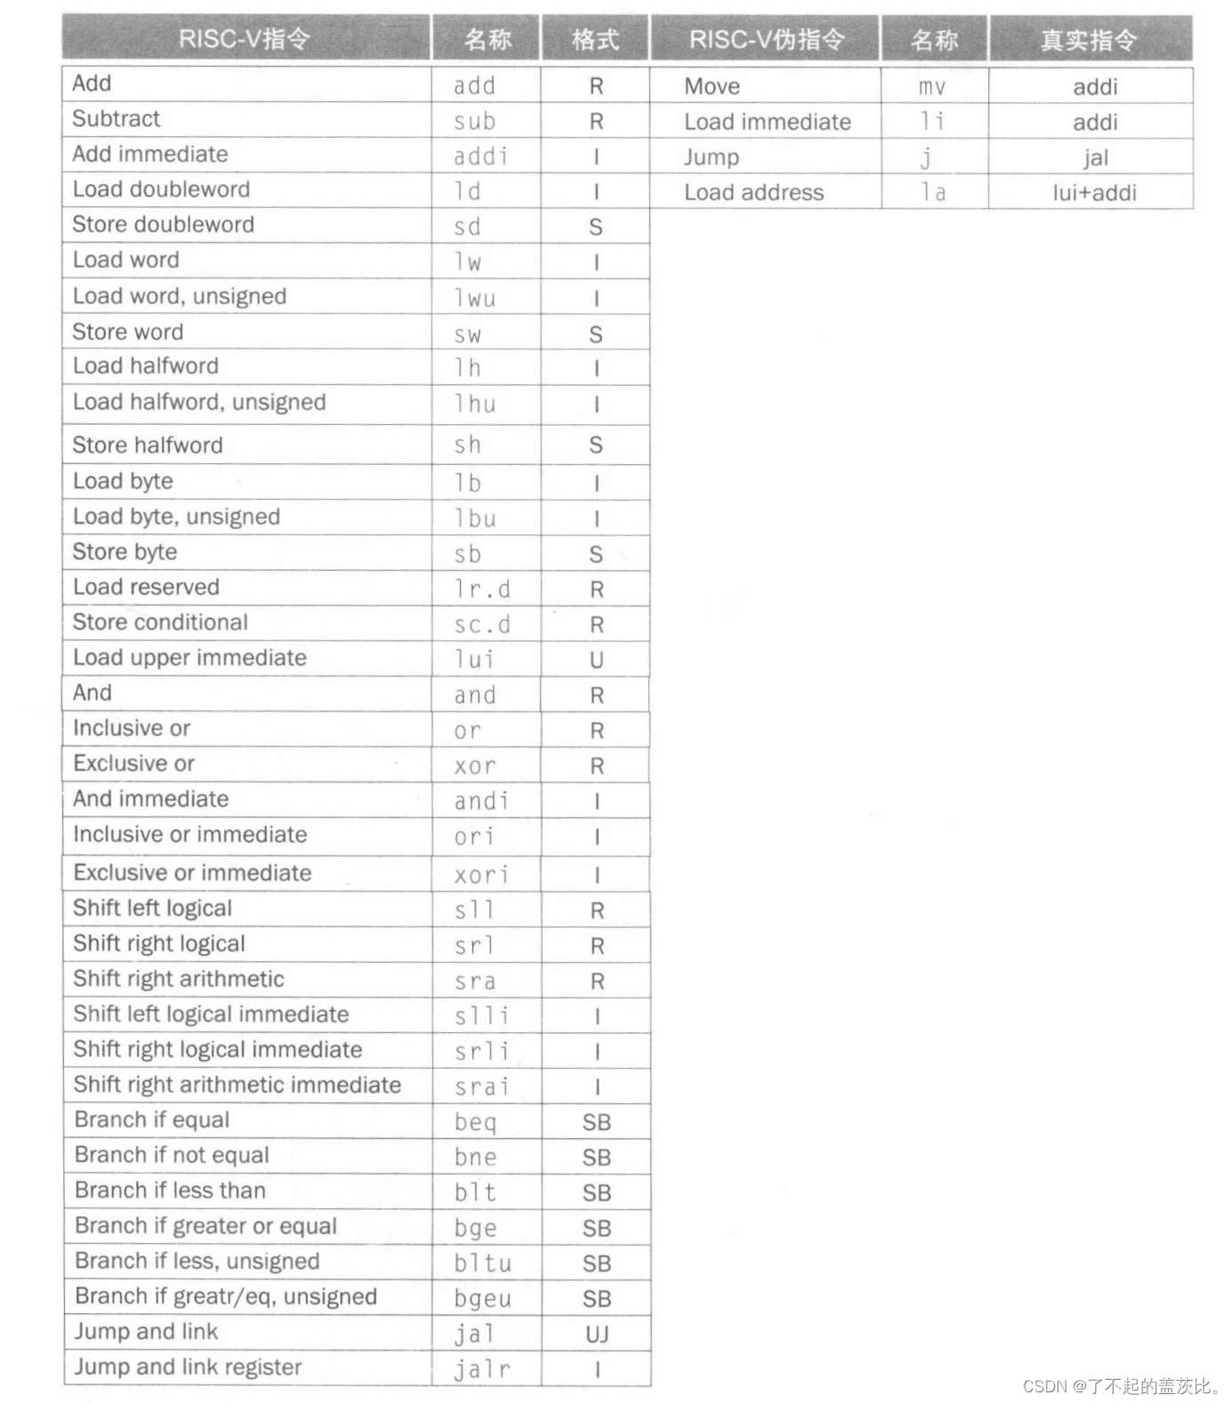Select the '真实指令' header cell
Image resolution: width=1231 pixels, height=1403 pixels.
1089,40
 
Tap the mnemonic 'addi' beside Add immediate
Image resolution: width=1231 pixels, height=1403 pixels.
480,156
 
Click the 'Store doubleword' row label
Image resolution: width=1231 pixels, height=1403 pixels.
163,224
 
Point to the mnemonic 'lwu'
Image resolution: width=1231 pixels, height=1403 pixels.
475,298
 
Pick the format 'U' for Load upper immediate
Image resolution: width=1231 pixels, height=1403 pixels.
596,660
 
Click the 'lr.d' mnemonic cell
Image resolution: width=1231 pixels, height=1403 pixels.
482,589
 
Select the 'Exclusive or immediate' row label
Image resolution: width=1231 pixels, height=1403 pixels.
192,872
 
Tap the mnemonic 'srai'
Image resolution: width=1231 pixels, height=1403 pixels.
481,1086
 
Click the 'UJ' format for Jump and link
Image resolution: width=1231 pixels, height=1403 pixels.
596,1334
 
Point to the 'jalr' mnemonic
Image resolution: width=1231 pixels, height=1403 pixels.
482,1369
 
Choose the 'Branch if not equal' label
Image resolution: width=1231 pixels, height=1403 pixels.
172,1155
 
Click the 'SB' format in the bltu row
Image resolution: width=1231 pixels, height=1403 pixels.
596,1263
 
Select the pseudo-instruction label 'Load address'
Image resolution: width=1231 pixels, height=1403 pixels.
753,193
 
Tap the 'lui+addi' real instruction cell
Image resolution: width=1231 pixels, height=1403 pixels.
1094,193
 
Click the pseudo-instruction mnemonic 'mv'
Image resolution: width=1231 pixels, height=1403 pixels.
931,87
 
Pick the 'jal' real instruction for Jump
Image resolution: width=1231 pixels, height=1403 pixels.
1095,158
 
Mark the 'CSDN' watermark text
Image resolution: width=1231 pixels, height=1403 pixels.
1044,1386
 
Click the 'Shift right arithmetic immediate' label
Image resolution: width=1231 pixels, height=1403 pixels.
237,1085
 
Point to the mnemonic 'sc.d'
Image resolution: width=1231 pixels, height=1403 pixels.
482,624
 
